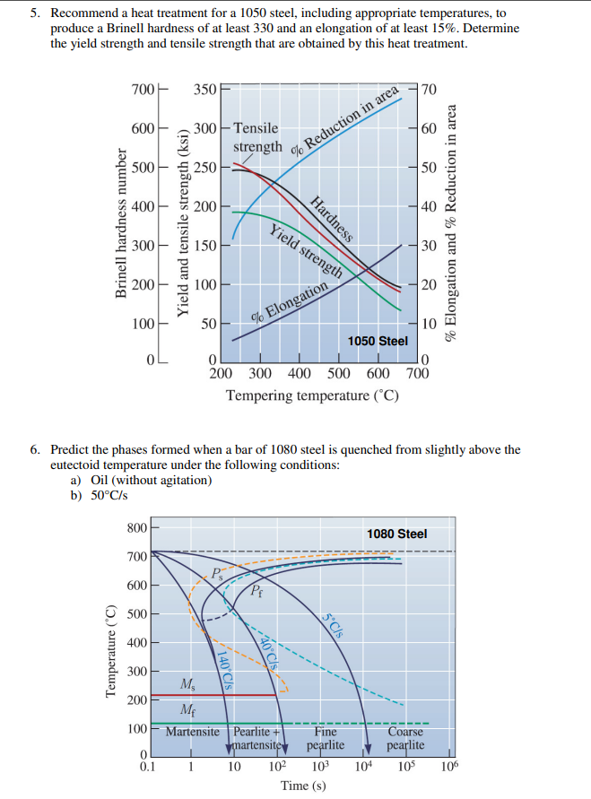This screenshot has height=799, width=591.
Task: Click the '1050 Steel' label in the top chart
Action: tap(377, 341)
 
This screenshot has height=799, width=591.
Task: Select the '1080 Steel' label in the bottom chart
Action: tap(397, 534)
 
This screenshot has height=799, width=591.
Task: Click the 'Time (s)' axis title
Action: tap(302, 786)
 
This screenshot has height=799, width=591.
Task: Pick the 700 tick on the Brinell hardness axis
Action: tap(143, 90)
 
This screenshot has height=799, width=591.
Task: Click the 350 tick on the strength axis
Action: tap(204, 90)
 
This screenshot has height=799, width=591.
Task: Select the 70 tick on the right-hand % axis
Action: tap(429, 90)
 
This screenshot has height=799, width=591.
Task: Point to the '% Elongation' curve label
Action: tap(292, 305)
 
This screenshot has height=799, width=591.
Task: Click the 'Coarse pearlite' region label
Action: tap(405, 738)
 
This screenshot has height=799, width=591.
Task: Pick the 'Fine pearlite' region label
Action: tap(326, 738)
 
